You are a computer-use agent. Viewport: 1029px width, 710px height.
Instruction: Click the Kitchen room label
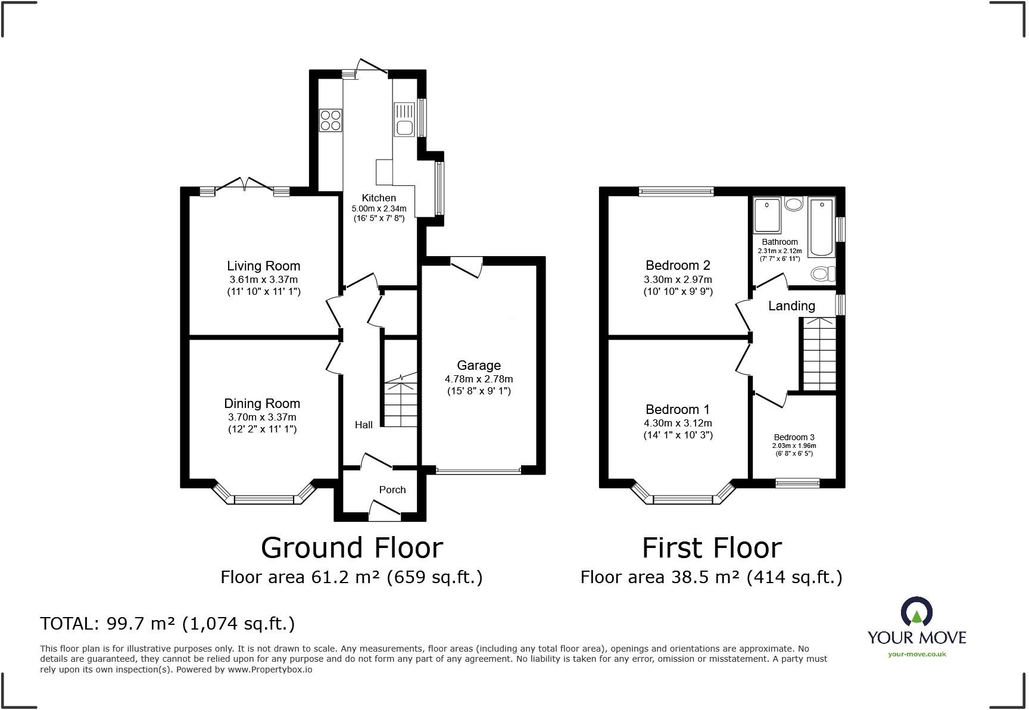(379, 198)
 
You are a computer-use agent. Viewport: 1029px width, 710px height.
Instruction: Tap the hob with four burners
(330, 120)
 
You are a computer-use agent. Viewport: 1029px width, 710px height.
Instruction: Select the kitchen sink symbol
(404, 119)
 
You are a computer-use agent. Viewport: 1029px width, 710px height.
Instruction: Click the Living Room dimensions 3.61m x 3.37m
(263, 279)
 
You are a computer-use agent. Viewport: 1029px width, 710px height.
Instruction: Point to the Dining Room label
(262, 403)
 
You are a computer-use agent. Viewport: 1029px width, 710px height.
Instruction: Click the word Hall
(364, 425)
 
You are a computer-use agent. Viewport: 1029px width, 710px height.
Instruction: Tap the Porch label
(392, 490)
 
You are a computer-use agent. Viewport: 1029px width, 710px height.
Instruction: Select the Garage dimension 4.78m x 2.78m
(478, 379)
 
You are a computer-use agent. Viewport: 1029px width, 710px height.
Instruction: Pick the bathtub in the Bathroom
(822, 228)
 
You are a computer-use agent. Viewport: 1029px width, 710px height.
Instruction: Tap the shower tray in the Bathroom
(768, 215)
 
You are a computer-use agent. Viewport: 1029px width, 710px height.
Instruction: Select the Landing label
(791, 306)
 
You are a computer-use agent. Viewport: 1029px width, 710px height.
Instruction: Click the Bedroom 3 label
(794, 437)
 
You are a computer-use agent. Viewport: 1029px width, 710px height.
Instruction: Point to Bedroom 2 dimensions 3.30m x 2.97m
(678, 279)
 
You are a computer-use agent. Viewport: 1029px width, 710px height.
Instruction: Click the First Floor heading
(712, 548)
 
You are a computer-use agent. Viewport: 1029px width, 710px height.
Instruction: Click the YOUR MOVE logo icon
(916, 613)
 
